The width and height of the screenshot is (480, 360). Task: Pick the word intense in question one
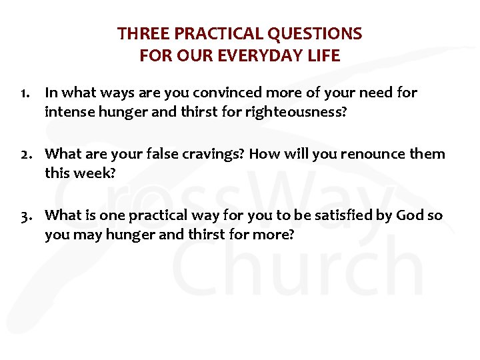(68, 111)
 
